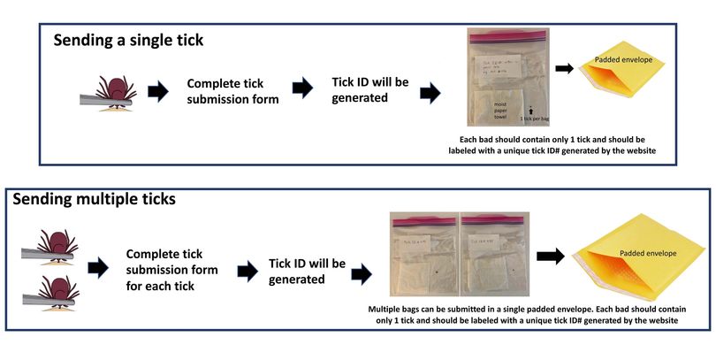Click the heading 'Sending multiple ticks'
pyautogui.click(x=94, y=199)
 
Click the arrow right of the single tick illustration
pyautogui.click(x=159, y=90)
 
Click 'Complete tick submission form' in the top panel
pyautogui.click(x=232, y=90)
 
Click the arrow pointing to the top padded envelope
pyautogui.click(x=563, y=67)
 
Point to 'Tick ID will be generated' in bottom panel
pyautogui.click(x=307, y=272)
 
